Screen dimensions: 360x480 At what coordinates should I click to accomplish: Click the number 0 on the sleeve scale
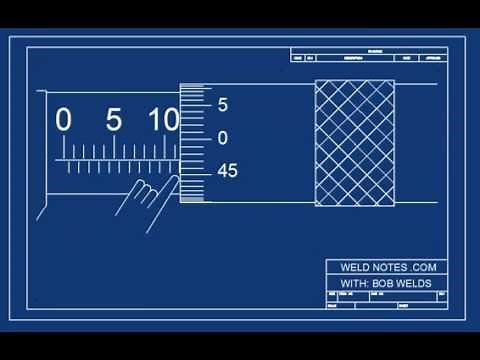[x=64, y=120]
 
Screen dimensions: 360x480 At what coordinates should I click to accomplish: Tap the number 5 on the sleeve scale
[x=113, y=120]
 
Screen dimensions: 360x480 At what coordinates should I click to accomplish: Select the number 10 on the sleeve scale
[x=163, y=120]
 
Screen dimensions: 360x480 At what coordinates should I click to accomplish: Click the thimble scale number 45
[x=227, y=171]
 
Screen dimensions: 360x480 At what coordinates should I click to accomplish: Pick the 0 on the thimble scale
[x=222, y=138]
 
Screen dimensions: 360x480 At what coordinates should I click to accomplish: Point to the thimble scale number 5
[x=222, y=104]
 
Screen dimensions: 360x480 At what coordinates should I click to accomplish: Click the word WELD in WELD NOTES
[x=347, y=268]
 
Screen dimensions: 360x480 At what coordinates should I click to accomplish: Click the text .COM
[x=422, y=268]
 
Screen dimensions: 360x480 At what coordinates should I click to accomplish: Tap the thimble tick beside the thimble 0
[x=199, y=138]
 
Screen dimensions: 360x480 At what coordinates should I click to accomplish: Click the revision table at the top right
[x=364, y=55]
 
